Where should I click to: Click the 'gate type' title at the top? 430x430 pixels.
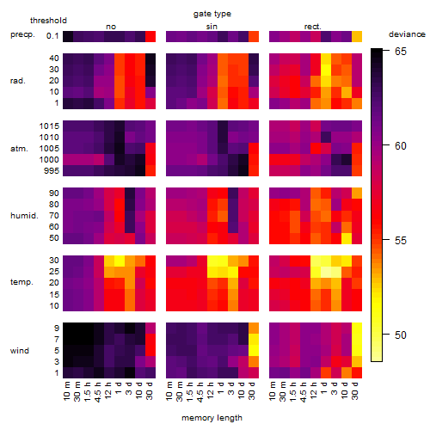coord(212,14)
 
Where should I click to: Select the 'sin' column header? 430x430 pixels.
coord(212,27)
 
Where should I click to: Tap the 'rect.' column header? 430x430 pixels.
coord(313,27)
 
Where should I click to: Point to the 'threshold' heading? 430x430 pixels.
coord(48,21)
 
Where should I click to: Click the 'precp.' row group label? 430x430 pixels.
coord(22,34)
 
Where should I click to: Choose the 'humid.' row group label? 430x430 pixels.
coord(24,215)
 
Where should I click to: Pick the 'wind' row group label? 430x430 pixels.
coord(20,351)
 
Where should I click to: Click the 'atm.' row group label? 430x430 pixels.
coord(19,149)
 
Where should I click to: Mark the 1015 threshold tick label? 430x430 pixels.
coord(49,126)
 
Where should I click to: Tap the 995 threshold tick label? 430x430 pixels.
coord(52,171)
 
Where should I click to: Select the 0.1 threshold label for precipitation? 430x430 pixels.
coord(52,36)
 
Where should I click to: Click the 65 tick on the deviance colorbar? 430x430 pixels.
coord(401,52)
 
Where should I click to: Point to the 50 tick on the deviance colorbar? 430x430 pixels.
coord(401,335)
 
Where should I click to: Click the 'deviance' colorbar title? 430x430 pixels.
coord(407,34)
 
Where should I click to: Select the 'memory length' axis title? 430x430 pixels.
coord(212,418)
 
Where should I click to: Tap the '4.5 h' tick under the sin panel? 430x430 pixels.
coord(200,391)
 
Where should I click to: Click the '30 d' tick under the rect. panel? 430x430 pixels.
coord(355,390)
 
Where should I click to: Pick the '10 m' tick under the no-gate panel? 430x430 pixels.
coord(66,391)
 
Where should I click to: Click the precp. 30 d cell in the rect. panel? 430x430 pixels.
coord(357,37)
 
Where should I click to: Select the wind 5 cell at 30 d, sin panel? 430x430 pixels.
coord(254,350)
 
